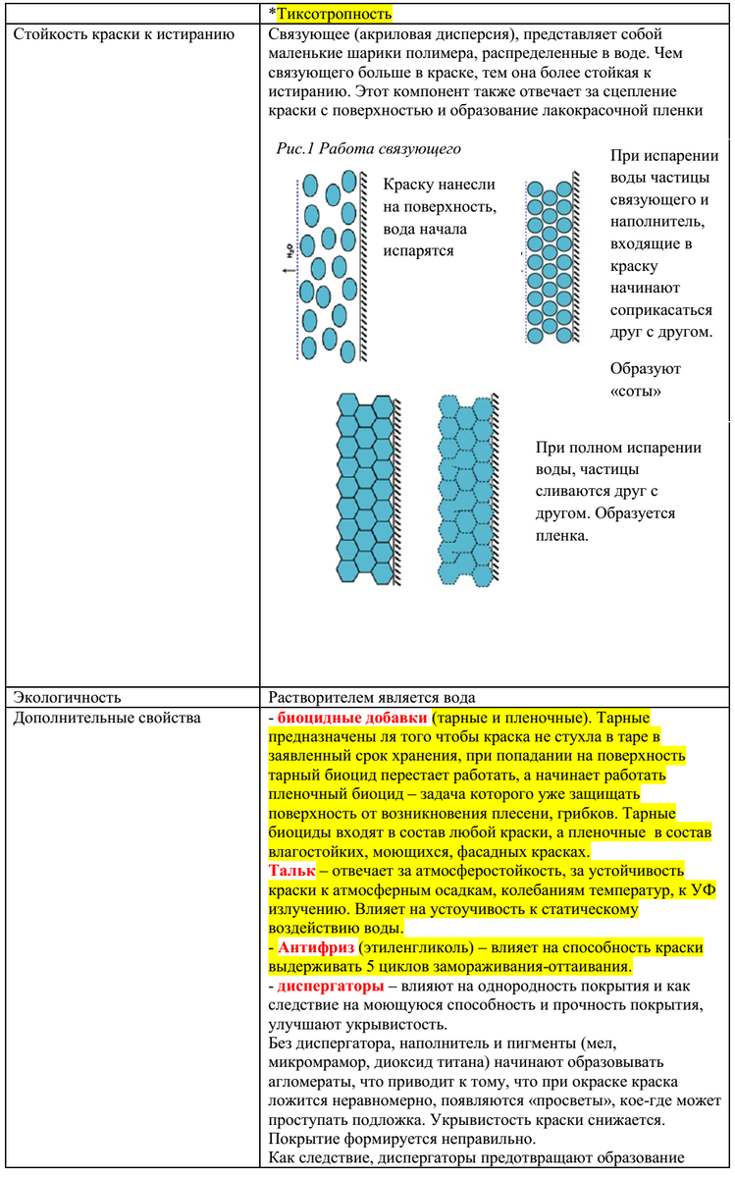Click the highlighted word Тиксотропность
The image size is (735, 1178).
[x=333, y=14]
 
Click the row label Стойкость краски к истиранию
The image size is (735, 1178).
[x=123, y=35]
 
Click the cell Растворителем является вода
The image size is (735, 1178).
[x=373, y=697]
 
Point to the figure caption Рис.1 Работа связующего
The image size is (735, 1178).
[x=369, y=149]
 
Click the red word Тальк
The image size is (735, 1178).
[x=291, y=871]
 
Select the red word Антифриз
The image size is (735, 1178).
[x=315, y=947]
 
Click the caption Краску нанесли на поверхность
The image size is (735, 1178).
[x=439, y=194]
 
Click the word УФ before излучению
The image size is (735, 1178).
[x=704, y=890]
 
